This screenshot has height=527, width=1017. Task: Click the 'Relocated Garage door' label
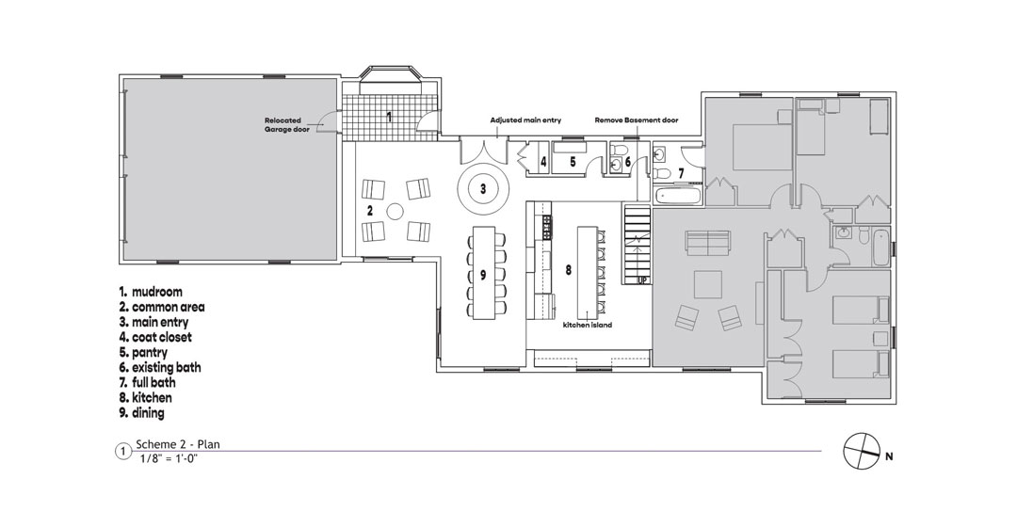pyautogui.click(x=286, y=125)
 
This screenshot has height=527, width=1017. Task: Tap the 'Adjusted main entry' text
pyautogui.click(x=525, y=120)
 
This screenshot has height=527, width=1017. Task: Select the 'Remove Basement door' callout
pyautogui.click(x=637, y=120)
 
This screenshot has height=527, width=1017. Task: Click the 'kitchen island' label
pyautogui.click(x=588, y=325)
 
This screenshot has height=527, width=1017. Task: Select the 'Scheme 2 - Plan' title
pyautogui.click(x=178, y=444)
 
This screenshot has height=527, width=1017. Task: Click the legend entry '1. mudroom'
pyautogui.click(x=151, y=292)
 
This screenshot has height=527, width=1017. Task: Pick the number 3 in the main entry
pyautogui.click(x=483, y=188)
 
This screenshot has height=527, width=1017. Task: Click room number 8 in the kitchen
pyautogui.click(x=568, y=270)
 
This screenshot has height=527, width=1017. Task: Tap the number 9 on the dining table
pyautogui.click(x=483, y=275)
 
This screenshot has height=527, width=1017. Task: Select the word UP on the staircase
pyautogui.click(x=643, y=280)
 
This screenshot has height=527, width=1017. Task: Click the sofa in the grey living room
pyautogui.click(x=707, y=242)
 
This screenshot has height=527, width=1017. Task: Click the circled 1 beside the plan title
pyautogui.click(x=123, y=451)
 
